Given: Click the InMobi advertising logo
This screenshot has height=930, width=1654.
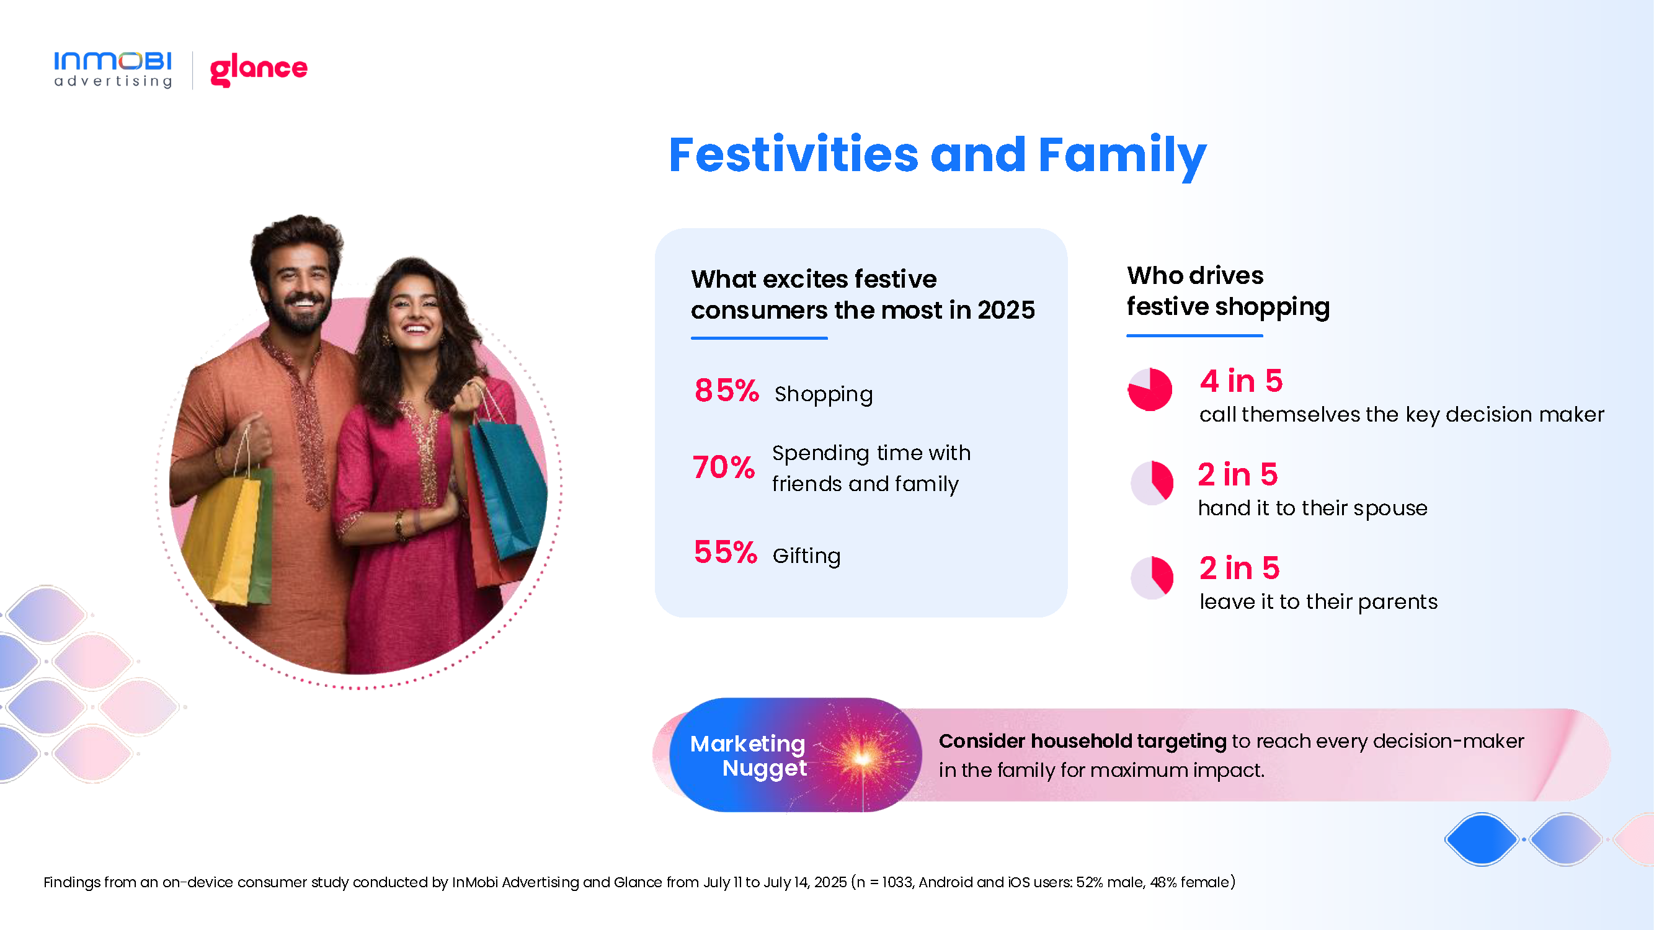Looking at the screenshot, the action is click(113, 69).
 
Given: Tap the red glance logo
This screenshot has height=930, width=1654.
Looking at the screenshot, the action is click(259, 70).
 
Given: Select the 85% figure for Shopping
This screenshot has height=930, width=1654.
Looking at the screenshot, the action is click(726, 390).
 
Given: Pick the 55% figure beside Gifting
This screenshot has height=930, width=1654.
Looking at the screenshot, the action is click(726, 552).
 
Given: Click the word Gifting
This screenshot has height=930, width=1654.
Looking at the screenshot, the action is click(806, 556).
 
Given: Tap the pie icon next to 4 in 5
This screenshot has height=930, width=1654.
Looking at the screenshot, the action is click(1150, 389).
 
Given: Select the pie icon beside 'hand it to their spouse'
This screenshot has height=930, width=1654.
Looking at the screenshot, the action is click(1152, 482).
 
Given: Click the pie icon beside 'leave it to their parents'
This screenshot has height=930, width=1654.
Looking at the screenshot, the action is click(1152, 578).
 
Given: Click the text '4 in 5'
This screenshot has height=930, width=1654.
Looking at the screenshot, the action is click(1241, 381).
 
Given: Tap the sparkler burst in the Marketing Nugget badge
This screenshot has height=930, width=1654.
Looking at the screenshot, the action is click(861, 758).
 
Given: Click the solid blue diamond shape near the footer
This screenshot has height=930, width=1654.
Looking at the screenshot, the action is click(1481, 839).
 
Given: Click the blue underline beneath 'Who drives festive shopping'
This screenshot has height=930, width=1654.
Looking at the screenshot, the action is click(1194, 335).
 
